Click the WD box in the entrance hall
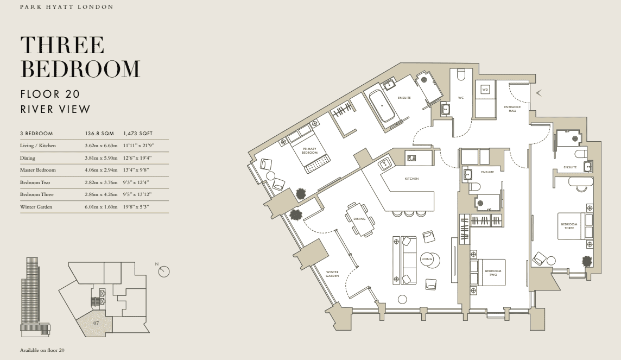click(485, 90)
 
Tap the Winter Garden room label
click(332, 274)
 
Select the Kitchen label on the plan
click(411, 179)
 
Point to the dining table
click(360, 219)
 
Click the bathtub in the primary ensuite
click(382, 106)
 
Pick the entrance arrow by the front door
click(538, 93)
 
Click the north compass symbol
click(163, 271)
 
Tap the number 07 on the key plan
click(96, 323)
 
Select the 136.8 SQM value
click(99, 134)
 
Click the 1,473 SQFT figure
click(138, 134)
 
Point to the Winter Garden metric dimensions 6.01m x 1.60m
click(101, 207)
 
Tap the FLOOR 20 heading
click(50, 94)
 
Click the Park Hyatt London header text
click(67, 7)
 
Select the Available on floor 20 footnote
click(42, 350)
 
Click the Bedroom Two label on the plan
click(493, 273)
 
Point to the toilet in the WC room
click(461, 75)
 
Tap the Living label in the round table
click(427, 259)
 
